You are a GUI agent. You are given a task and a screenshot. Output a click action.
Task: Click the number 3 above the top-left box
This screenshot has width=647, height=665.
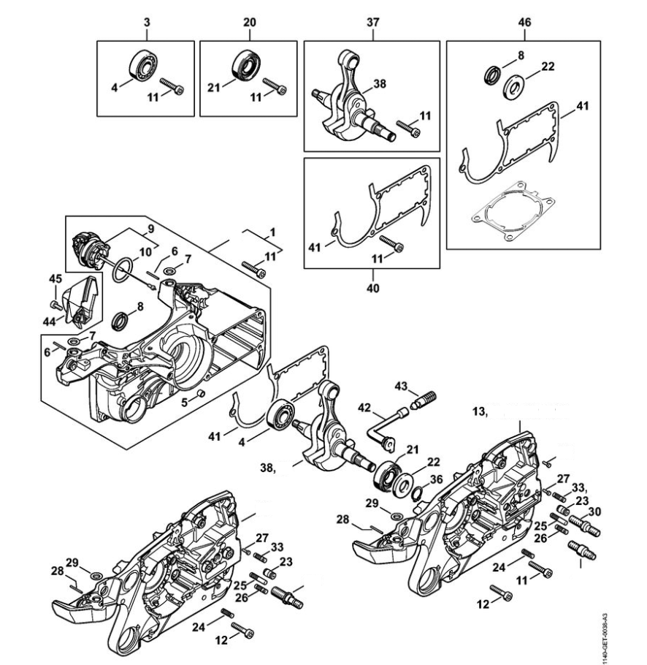point(147,23)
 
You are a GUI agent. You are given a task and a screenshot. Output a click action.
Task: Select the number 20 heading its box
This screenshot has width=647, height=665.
point(249,23)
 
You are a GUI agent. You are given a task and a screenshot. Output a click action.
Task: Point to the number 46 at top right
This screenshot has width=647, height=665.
point(524,23)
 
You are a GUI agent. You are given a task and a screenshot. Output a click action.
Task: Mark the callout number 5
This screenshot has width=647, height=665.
point(185,401)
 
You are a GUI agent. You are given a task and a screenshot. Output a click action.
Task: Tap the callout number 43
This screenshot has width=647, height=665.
point(401,385)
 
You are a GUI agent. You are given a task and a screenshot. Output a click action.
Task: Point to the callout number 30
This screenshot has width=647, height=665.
point(594,512)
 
